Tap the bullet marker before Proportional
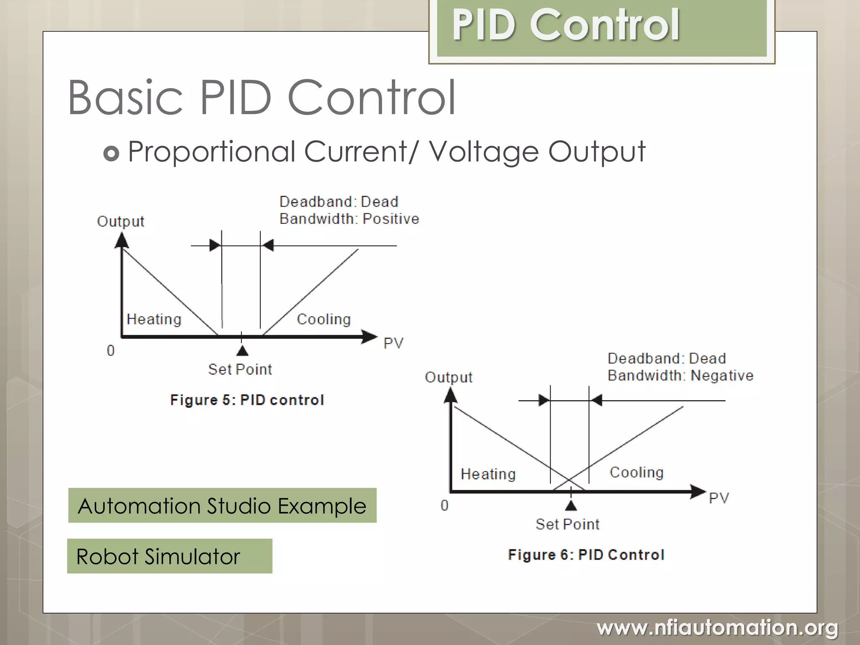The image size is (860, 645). click(111, 154)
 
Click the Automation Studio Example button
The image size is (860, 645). click(222, 506)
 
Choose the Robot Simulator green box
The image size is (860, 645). click(169, 556)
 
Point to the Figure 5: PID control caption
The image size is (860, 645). click(247, 400)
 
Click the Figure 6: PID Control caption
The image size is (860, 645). click(586, 555)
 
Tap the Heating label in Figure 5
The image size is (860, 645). click(154, 319)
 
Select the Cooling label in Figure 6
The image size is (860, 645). click(637, 472)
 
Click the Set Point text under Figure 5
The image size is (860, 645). click(240, 370)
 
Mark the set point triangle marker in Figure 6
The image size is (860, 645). click(571, 506)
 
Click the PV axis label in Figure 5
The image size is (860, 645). click(393, 343)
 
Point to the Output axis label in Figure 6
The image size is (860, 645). click(448, 377)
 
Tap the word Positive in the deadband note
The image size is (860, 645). click(391, 219)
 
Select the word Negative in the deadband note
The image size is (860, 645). click(722, 375)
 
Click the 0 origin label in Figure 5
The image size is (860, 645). click(110, 350)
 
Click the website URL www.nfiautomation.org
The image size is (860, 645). click(717, 628)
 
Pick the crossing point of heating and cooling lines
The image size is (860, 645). click(569, 480)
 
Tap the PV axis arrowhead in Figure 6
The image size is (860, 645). click(698, 491)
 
